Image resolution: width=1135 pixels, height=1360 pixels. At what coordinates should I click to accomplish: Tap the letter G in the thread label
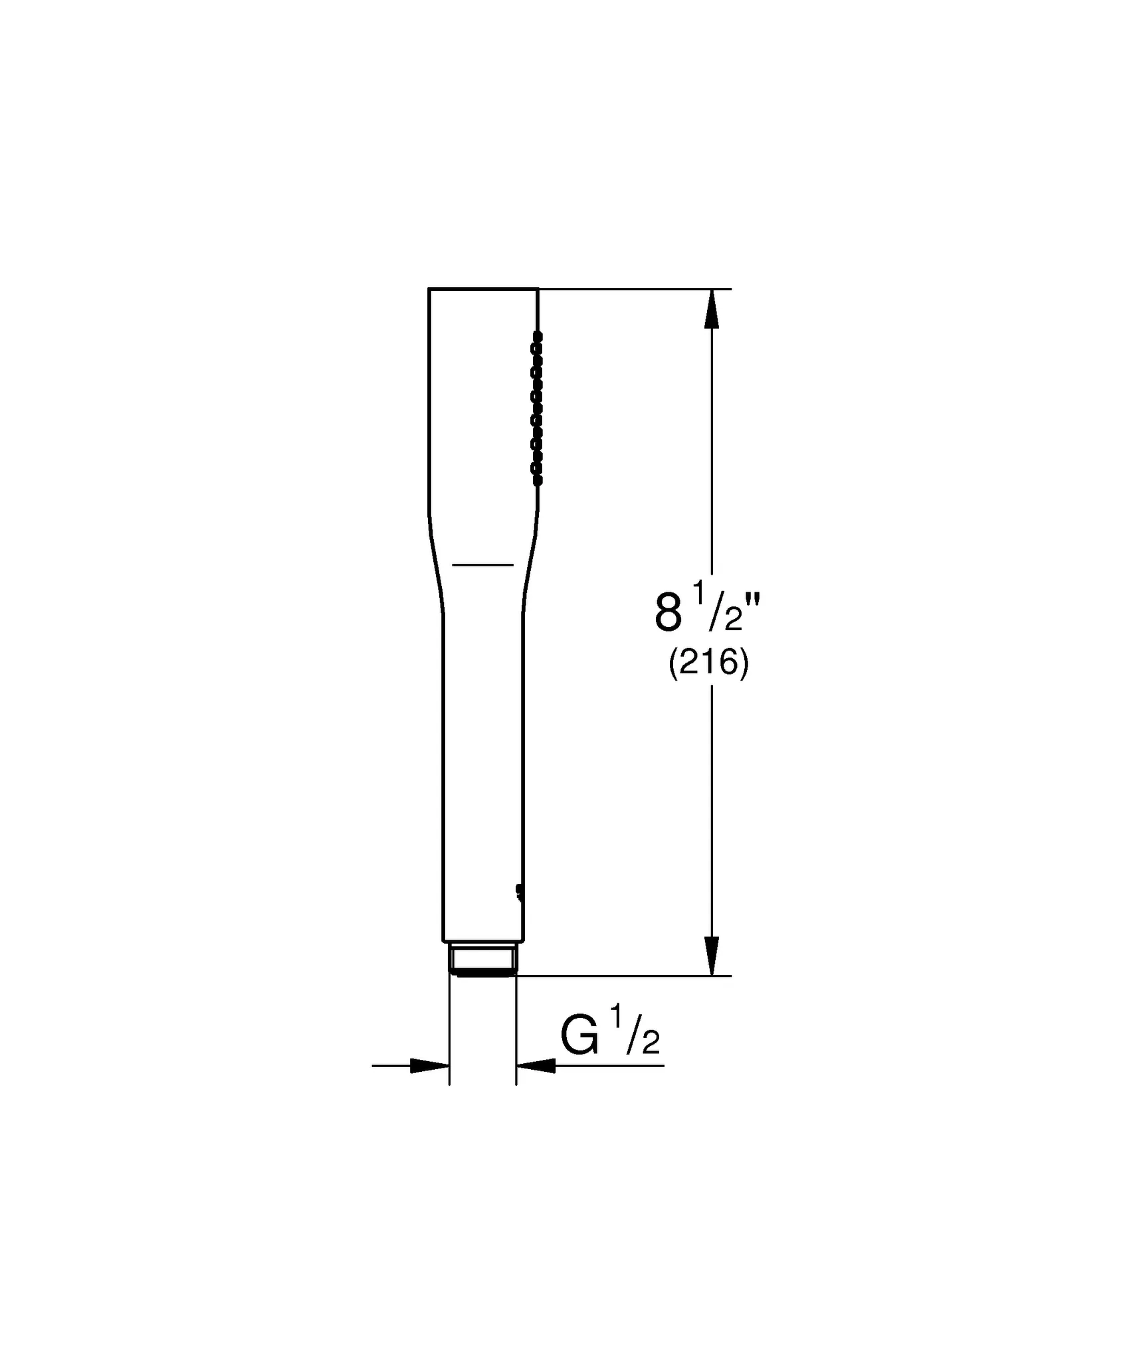tap(579, 1037)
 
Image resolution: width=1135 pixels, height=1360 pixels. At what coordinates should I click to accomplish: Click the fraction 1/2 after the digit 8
tap(718, 606)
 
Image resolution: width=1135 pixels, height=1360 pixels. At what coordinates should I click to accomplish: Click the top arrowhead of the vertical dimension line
tap(712, 309)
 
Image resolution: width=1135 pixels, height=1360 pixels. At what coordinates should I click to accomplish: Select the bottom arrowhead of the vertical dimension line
tap(712, 956)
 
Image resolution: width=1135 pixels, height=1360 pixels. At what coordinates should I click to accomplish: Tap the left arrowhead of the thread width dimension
tap(429, 1065)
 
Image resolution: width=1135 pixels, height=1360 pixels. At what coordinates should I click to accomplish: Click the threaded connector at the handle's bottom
tap(483, 960)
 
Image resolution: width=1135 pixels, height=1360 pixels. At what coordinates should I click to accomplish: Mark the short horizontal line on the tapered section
tap(483, 564)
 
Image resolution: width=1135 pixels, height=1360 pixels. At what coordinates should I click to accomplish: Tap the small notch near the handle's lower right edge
tap(518, 892)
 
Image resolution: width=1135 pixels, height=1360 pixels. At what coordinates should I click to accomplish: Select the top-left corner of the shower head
tap(429, 289)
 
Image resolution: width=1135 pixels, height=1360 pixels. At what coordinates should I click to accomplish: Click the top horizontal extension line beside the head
tap(631, 289)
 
